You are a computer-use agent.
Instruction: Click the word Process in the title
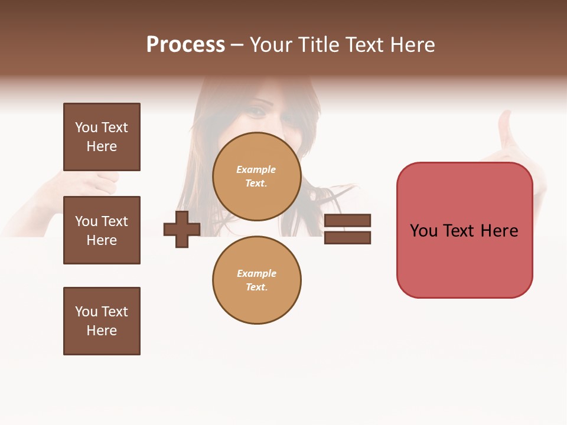point(185,45)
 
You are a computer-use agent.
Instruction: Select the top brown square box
point(102,137)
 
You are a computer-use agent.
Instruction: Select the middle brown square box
point(102,230)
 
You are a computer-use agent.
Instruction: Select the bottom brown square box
point(102,321)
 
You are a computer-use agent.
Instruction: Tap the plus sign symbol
point(181,229)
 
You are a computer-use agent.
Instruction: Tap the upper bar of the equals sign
point(347,220)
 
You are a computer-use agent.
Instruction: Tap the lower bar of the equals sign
point(347,237)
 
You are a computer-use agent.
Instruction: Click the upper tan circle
point(256,176)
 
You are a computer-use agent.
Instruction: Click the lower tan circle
point(256,280)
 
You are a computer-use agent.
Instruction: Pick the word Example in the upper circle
point(256,169)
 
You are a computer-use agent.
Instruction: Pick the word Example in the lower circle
point(256,273)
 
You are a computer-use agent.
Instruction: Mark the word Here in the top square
point(102,146)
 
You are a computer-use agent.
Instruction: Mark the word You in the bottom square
point(86,311)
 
